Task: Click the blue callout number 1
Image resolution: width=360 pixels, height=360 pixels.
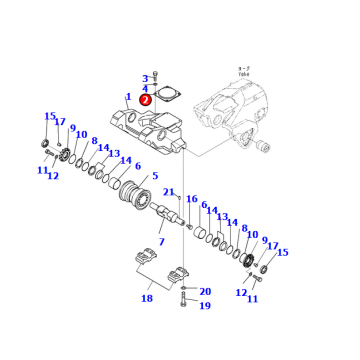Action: tap(127, 97)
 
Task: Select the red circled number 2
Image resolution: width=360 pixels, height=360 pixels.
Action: tap(146, 99)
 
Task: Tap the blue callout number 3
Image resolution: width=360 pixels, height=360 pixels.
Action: tap(146, 78)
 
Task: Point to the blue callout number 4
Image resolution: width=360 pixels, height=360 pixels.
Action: tap(146, 88)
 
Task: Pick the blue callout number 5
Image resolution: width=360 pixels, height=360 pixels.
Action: tap(154, 177)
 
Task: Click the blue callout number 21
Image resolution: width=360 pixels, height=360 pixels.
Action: tap(169, 192)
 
